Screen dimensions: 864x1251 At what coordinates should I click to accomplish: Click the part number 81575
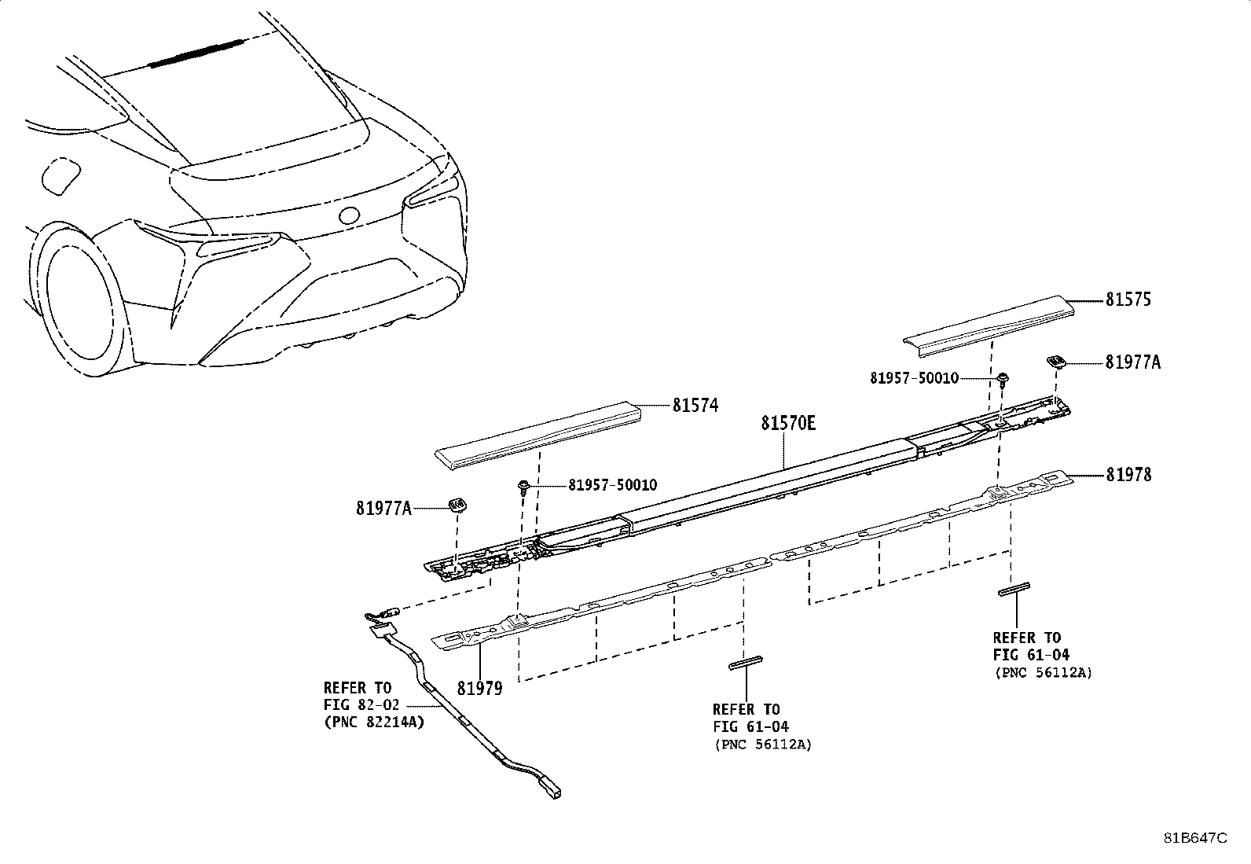click(x=1128, y=300)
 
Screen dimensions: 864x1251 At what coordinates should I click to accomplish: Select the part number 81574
click(x=695, y=406)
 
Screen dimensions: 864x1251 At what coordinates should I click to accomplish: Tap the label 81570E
click(x=787, y=424)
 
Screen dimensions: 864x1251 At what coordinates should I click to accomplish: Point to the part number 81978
click(x=1128, y=475)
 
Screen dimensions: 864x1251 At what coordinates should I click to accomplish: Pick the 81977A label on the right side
click(x=1132, y=362)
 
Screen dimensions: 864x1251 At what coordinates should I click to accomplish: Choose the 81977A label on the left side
click(x=383, y=509)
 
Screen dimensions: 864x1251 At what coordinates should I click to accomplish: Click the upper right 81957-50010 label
click(x=914, y=378)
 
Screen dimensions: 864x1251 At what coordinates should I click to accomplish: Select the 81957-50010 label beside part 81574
click(x=613, y=485)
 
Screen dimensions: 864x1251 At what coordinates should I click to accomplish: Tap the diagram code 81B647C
click(x=1194, y=838)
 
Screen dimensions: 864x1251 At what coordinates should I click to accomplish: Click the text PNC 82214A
click(x=374, y=722)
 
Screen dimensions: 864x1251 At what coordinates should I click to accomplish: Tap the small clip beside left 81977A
click(x=456, y=504)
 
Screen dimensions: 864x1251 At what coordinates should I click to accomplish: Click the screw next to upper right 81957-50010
click(x=1003, y=380)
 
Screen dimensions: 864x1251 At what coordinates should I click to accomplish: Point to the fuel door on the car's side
click(x=60, y=175)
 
